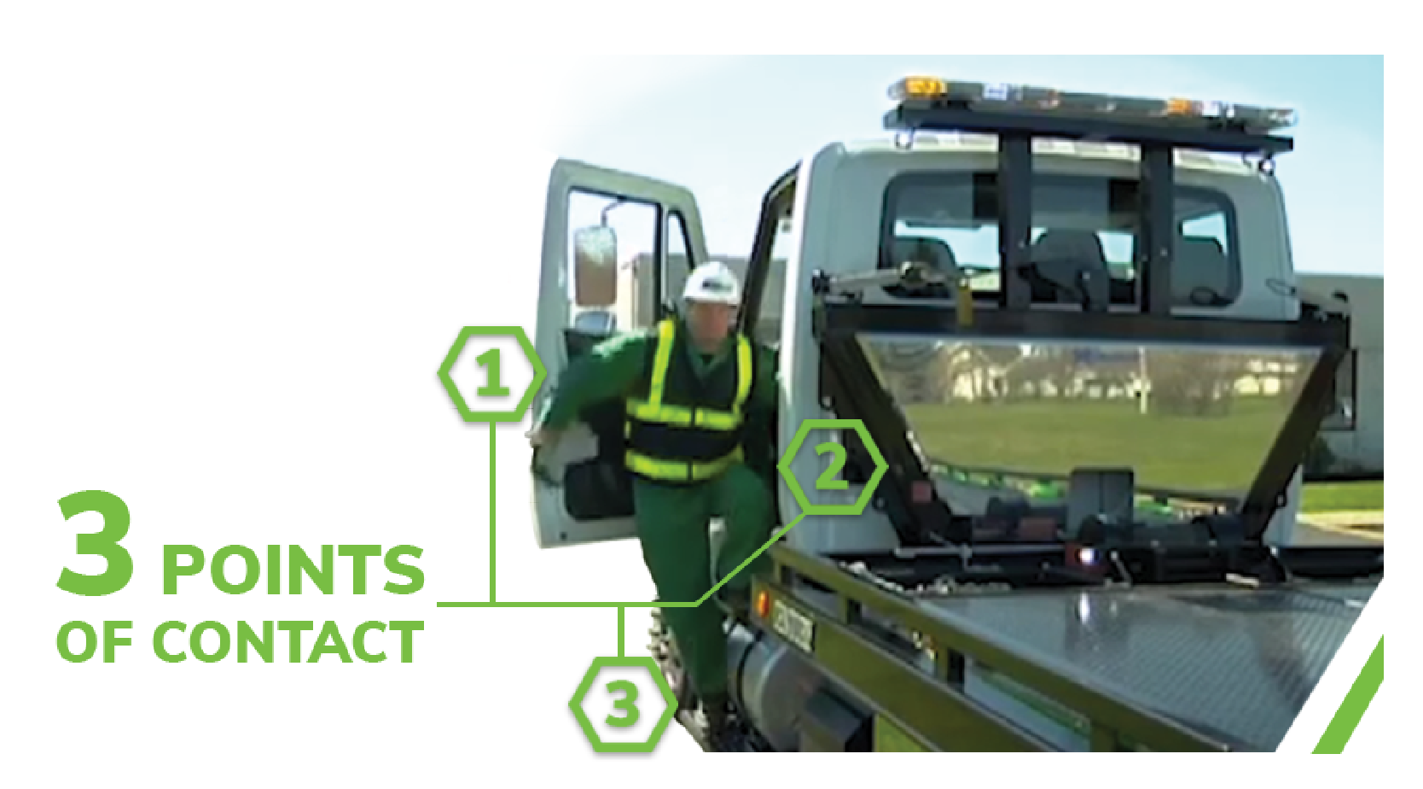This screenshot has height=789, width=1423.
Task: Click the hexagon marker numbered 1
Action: (492, 374)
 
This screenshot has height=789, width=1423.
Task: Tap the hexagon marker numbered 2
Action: (832, 467)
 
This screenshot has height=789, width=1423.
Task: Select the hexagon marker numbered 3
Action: (623, 704)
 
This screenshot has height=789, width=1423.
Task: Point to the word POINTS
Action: (293, 570)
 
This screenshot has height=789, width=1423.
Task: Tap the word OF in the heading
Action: (95, 641)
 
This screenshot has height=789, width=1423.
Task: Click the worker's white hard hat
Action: (711, 283)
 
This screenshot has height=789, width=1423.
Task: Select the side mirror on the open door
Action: (595, 266)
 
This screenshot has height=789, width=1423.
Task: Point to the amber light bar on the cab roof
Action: (1089, 101)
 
